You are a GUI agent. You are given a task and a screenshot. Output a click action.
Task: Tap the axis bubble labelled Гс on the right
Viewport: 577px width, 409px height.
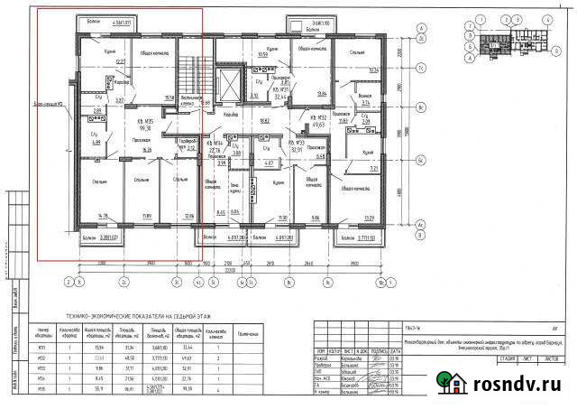(x=420, y=69)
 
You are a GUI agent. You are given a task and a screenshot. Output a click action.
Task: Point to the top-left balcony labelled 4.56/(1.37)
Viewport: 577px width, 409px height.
(x=94, y=20)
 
